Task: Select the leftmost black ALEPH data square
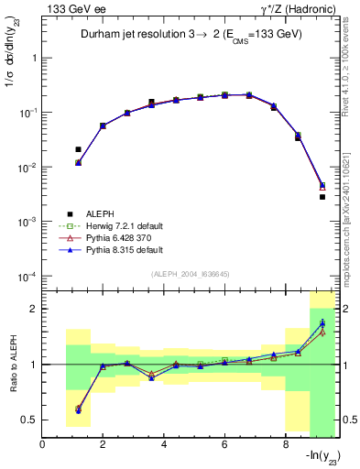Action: pyautogui.click(x=78, y=149)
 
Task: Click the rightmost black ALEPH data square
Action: pyautogui.click(x=322, y=197)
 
